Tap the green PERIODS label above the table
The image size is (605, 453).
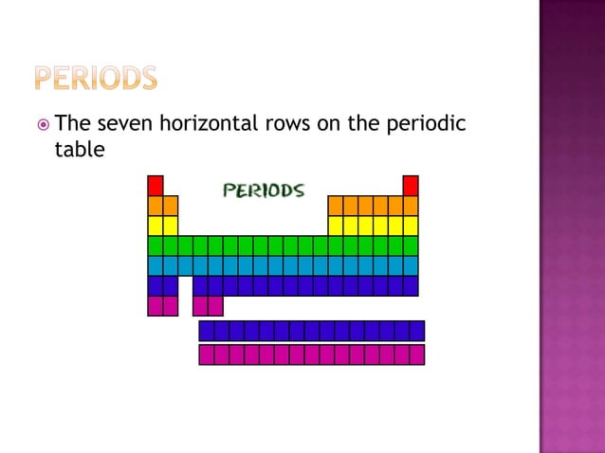tap(264, 190)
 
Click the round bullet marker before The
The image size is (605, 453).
tap(43, 124)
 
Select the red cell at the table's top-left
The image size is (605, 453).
tap(156, 185)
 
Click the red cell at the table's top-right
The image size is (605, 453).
tap(411, 185)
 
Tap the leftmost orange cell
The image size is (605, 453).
tap(156, 206)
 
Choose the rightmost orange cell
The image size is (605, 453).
tap(411, 206)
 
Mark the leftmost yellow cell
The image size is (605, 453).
tap(156, 226)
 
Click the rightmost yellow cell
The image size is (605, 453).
tap(411, 226)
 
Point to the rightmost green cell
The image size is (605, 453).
tap(411, 245)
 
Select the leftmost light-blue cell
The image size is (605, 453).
tap(156, 265)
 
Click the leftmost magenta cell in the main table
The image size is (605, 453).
tap(156, 305)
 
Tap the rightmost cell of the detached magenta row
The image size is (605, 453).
tap(417, 354)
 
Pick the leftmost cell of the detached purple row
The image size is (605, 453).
tap(207, 331)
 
